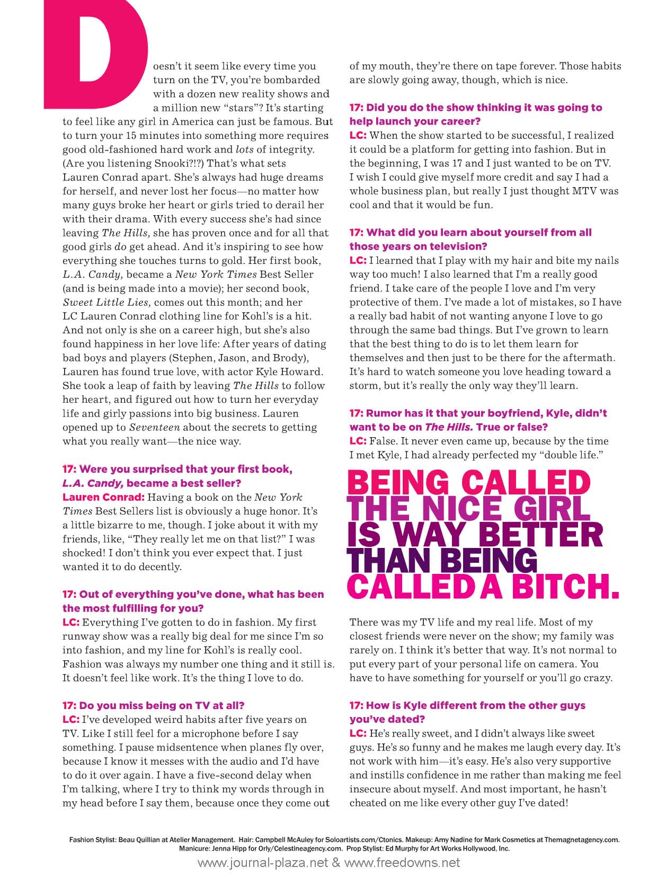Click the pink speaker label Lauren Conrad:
point(103,498)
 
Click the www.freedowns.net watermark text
point(402,863)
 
